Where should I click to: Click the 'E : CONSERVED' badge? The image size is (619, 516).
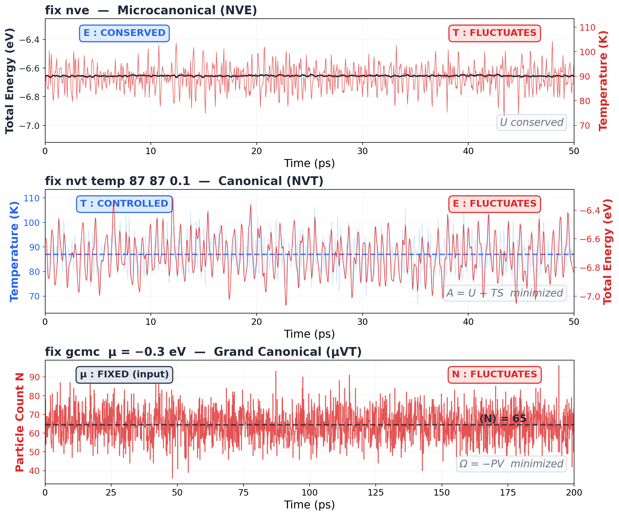coord(124,33)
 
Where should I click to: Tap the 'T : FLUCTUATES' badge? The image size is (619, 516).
coord(494,33)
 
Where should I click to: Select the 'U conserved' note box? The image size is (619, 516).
coord(531,122)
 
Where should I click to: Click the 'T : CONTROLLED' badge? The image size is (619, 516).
coord(124,204)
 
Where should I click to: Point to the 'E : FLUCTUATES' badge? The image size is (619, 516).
coord(494,204)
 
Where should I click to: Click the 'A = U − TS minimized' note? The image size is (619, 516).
coord(505,293)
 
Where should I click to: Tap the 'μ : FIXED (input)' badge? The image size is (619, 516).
coord(124,374)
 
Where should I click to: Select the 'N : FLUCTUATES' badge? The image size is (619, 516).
coord(494,374)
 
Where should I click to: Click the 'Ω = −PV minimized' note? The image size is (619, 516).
coord(511,464)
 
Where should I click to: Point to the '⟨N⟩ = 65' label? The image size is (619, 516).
coord(503,419)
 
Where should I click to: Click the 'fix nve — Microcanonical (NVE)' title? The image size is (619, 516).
coord(151,11)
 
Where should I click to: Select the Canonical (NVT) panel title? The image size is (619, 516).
coord(184,181)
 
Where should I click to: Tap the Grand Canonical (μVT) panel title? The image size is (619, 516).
coord(203,352)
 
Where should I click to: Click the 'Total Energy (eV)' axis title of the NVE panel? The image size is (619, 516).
coord(10,81)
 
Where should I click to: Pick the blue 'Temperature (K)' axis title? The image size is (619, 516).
coord(14,252)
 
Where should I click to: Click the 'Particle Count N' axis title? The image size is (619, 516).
coord(20,422)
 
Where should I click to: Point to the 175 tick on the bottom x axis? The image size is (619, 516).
coord(508,493)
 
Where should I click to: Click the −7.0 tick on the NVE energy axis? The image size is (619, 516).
coord(29,126)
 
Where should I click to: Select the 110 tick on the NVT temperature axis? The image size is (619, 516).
coord(31,198)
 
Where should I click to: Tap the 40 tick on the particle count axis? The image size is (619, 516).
coord(34,470)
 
